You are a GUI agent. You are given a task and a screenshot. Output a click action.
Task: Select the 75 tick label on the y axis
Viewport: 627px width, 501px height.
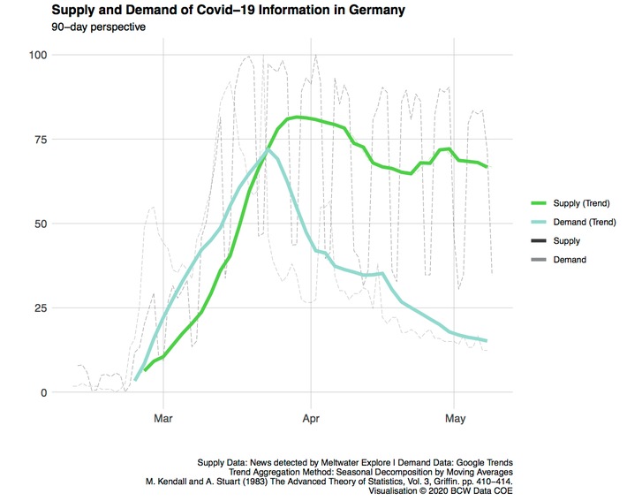pos(39,139)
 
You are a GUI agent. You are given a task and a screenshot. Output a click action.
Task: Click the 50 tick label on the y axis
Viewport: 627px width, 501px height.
pos(39,224)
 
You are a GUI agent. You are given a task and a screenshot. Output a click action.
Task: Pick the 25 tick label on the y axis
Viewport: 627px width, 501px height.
pos(39,307)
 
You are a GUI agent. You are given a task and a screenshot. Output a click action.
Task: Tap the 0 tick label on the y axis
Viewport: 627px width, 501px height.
pos(42,392)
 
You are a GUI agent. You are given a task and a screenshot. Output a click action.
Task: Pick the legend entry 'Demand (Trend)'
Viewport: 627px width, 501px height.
pos(582,222)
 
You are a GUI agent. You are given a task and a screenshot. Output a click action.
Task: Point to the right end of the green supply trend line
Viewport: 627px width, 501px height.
pos(487,166)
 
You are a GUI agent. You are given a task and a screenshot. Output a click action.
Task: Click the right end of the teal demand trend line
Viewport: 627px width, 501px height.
pos(487,340)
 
